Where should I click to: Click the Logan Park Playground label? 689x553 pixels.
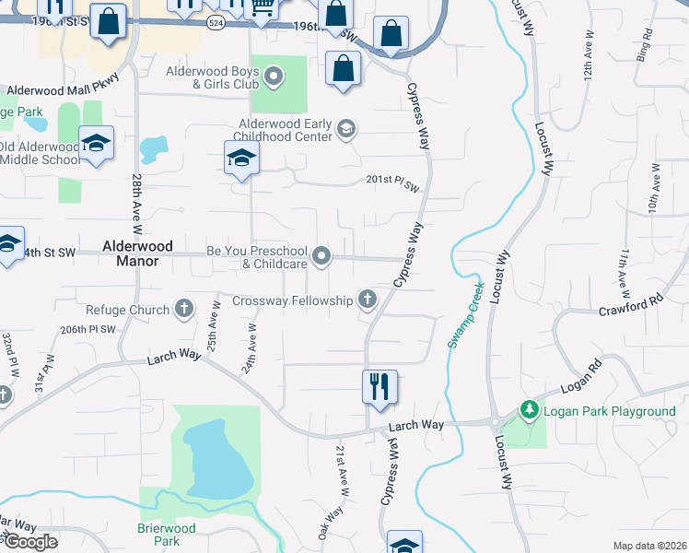coord(611,411)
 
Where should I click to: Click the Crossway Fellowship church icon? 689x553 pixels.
coord(367,299)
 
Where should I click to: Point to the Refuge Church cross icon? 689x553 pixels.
coord(184,308)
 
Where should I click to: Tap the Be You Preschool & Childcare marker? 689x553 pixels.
coord(321,255)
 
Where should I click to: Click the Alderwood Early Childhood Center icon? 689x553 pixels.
coord(345,128)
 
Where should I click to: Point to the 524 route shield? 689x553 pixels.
coord(215,24)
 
